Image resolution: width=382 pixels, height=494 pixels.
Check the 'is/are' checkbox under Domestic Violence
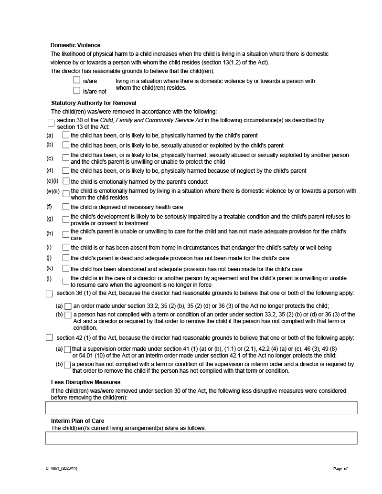pos(76,80)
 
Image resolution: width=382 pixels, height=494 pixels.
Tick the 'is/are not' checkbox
pos(76,90)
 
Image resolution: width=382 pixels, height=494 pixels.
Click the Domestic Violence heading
pos(75,45)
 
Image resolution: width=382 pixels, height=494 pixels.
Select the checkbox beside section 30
pos(51,123)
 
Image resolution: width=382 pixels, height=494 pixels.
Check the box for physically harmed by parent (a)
pos(66,136)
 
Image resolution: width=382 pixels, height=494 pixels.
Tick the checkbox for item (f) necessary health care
pos(66,207)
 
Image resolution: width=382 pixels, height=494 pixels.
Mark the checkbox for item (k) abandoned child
pos(66,269)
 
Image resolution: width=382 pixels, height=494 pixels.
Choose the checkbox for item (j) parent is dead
pos(66,258)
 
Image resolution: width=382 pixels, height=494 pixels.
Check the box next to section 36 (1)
pos(49,294)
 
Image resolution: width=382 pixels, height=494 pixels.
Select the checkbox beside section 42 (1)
pos(49,337)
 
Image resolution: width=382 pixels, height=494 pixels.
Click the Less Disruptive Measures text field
pos(201,408)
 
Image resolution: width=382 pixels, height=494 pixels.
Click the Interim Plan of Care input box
pos(201,438)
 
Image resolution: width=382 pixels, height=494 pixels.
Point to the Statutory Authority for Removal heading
pos(94,103)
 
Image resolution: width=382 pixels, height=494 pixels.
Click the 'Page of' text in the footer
pos(340,469)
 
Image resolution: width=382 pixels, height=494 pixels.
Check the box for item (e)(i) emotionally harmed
pos(66,181)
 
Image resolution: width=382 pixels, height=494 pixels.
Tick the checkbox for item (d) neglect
pos(66,170)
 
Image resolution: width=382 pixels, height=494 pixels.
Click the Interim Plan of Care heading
pos(77,420)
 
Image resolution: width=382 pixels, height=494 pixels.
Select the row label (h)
pos(50,233)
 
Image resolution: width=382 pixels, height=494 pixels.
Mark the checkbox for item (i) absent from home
pos(66,247)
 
